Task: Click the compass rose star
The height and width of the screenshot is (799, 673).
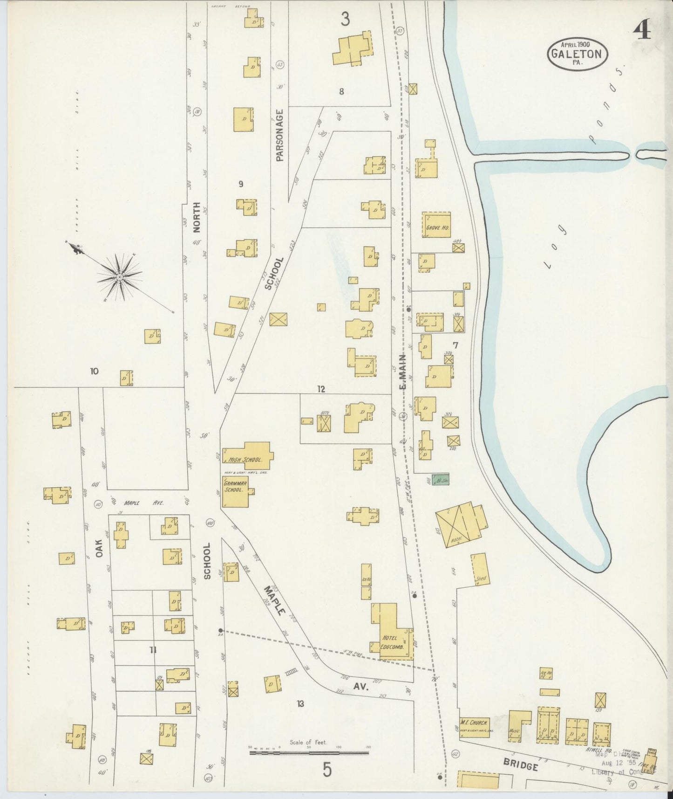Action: [120, 277]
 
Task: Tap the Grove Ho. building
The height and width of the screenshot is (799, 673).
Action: [436, 226]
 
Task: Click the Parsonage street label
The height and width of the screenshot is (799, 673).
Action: [279, 135]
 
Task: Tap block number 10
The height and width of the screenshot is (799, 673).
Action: [95, 371]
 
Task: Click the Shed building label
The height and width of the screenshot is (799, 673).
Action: [481, 579]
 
